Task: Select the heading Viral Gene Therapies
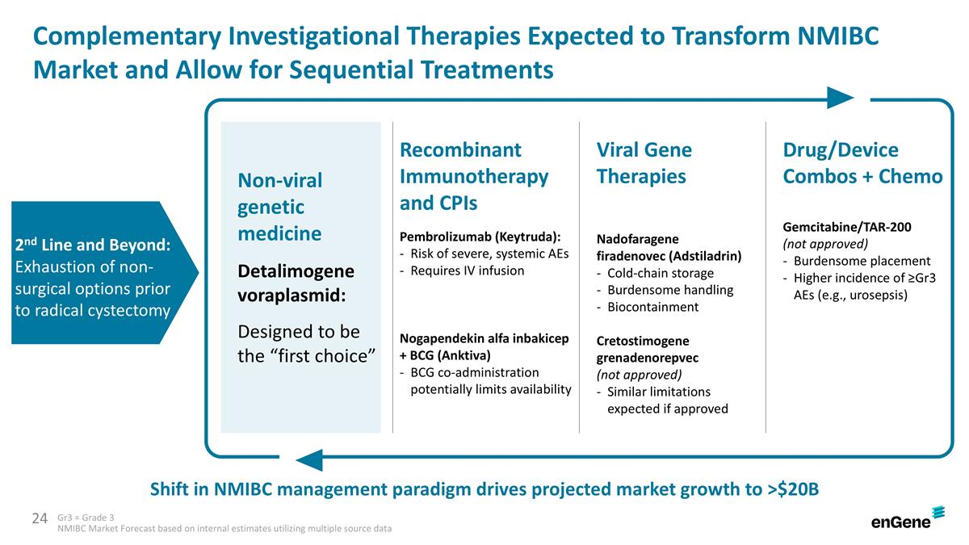click(644, 163)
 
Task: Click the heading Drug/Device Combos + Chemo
click(862, 163)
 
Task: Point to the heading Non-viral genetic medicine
click(279, 207)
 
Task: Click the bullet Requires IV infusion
click(467, 270)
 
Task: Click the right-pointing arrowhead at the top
click(840, 98)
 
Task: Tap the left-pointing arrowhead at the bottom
click(309, 460)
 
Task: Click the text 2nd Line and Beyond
click(93, 245)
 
